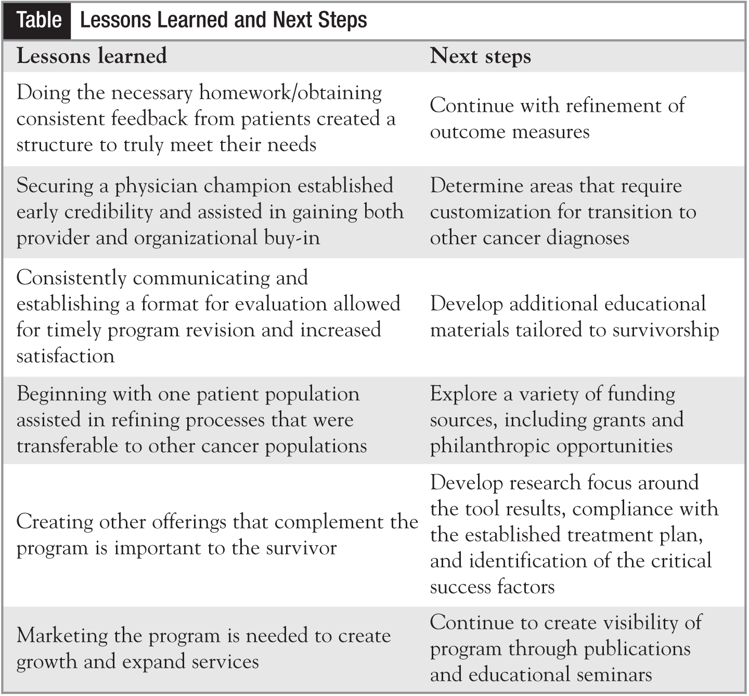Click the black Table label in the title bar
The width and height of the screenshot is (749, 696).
(38, 21)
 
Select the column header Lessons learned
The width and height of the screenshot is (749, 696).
(92, 56)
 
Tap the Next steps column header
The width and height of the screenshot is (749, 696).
(480, 56)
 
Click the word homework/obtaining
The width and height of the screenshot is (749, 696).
(291, 93)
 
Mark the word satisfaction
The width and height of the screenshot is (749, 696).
(66, 356)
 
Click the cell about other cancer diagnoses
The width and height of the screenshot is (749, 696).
(563, 212)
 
